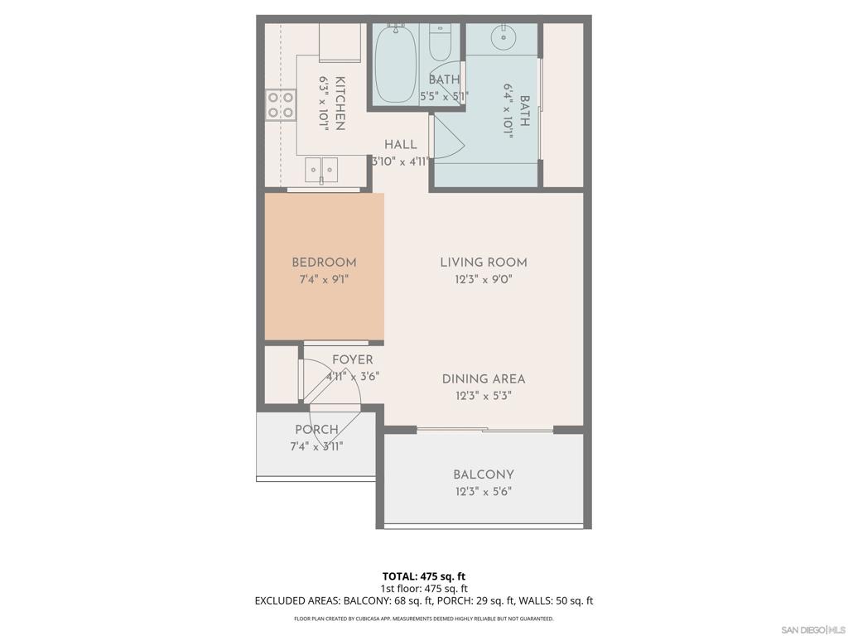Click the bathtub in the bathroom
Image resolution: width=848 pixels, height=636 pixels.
click(396, 64)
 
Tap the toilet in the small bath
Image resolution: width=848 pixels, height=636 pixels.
click(440, 42)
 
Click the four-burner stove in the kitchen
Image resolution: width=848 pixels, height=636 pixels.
click(281, 105)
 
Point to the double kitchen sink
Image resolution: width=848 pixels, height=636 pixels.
click(321, 170)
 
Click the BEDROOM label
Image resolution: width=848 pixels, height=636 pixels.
click(324, 263)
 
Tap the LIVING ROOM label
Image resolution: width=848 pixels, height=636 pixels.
click(484, 263)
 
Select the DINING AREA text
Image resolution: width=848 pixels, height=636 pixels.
click(484, 379)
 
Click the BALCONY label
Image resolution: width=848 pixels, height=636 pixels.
click(484, 475)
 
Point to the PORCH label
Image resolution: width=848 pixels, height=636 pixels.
click(317, 430)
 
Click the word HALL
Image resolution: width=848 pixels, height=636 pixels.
click(401, 144)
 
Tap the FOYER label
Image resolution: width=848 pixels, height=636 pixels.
click(353, 359)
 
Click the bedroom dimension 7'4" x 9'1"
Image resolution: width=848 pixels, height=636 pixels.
click(324, 280)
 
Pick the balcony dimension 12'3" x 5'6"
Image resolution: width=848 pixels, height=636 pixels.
click(484, 492)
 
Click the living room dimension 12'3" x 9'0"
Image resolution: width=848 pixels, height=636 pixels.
click(484, 280)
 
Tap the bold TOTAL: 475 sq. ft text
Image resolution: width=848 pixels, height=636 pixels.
click(424, 576)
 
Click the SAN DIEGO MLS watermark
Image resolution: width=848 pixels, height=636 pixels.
click(813, 630)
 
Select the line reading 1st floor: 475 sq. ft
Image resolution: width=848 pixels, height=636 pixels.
click(424, 589)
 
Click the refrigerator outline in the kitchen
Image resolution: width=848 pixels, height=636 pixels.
click(340, 43)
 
